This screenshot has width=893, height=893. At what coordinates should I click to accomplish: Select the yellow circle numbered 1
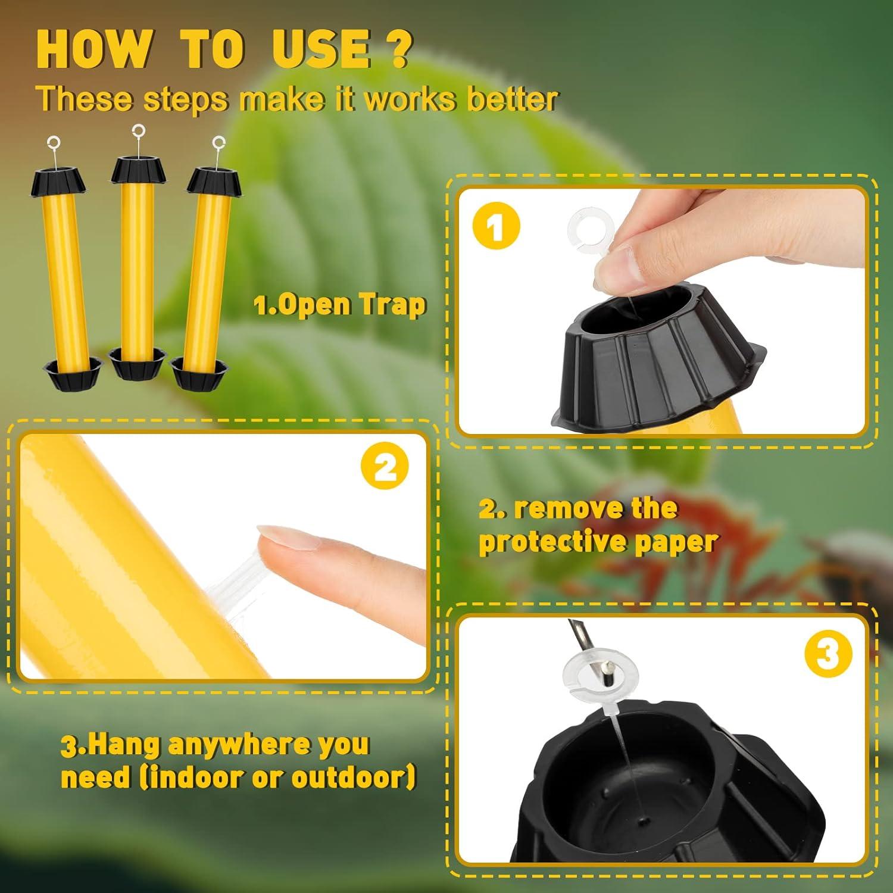pyautogui.click(x=496, y=227)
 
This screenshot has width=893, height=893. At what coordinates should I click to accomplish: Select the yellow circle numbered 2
pyautogui.click(x=385, y=468)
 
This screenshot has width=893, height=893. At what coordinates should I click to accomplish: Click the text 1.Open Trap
pyautogui.click(x=340, y=305)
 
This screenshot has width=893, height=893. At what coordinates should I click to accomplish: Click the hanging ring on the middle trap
pyautogui.click(x=139, y=129)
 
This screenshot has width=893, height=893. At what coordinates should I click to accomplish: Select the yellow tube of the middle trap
pyautogui.click(x=138, y=268)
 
